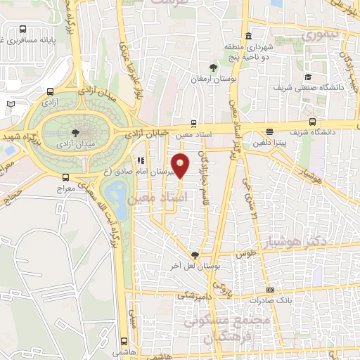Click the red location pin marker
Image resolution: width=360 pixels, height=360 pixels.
coord(180,165)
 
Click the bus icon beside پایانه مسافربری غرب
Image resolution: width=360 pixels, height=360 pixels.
coord(23,30)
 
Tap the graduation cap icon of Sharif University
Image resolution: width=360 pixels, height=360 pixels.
coord(308,77)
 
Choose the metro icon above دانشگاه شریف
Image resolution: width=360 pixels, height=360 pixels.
coord(270,131)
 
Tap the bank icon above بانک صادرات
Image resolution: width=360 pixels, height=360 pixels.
coord(271,290)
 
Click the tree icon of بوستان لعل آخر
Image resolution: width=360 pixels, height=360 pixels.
coord(195,255)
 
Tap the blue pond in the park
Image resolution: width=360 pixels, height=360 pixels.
coord(117,191)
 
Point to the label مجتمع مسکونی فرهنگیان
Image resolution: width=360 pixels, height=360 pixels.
coord(225,327)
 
